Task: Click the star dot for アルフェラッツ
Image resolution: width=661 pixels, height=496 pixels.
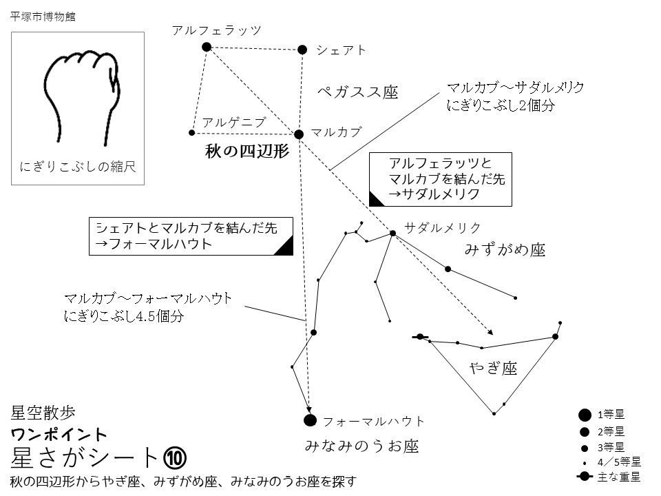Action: pyautogui.click(x=206, y=47)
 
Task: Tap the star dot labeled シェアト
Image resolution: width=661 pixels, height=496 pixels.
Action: pyautogui.click(x=302, y=49)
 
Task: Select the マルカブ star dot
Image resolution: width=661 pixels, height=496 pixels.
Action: pyautogui.click(x=299, y=134)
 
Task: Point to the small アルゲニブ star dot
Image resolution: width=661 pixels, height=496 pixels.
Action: pyautogui.click(x=192, y=132)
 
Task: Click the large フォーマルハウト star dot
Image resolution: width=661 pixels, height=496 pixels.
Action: pyautogui.click(x=310, y=420)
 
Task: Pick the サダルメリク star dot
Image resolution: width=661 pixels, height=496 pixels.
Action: pyautogui.click(x=392, y=233)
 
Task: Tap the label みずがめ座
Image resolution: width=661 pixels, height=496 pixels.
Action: pyautogui.click(x=505, y=250)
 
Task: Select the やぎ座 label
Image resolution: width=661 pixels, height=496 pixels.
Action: pyautogui.click(x=493, y=369)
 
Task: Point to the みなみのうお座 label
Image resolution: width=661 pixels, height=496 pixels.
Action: pyautogui.click(x=361, y=446)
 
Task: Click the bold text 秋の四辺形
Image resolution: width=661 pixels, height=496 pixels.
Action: pyautogui.click(x=246, y=151)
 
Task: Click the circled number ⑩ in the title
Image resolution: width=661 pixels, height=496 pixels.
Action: pyautogui.click(x=174, y=457)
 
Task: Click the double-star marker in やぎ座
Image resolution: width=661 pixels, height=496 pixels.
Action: pyautogui.click(x=420, y=337)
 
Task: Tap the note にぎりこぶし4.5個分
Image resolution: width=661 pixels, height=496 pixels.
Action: pyautogui.click(x=124, y=315)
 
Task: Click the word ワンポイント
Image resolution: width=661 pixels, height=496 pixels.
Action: pyautogui.click(x=60, y=435)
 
